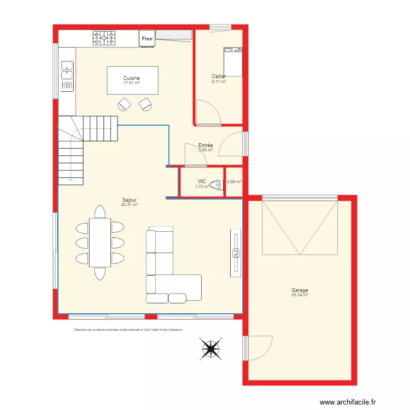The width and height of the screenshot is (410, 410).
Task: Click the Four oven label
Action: coord(147,39)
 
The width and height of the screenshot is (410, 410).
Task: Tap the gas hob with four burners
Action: coord(104,38)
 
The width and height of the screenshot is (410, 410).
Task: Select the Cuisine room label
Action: coord(131,78)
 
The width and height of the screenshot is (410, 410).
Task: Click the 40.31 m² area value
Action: coord(130,204)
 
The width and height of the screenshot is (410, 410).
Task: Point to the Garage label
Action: coord(300,291)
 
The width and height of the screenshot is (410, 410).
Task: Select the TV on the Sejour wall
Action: coord(236,253)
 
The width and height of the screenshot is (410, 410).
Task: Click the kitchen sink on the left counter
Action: coord(67,71)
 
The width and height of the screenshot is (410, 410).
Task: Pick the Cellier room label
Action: coord(219,77)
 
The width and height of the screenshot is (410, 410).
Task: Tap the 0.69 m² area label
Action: coord(234,181)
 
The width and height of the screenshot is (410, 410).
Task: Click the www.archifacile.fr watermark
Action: coord(348,402)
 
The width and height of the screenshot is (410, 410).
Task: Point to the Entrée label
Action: coord(206,145)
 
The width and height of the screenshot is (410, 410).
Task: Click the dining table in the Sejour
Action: coord(99,243)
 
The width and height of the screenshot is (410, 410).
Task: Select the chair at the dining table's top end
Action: coord(99,211)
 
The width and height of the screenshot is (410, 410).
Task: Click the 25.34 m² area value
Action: coord(300,295)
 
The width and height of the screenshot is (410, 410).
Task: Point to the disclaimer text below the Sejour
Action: coord(128,330)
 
